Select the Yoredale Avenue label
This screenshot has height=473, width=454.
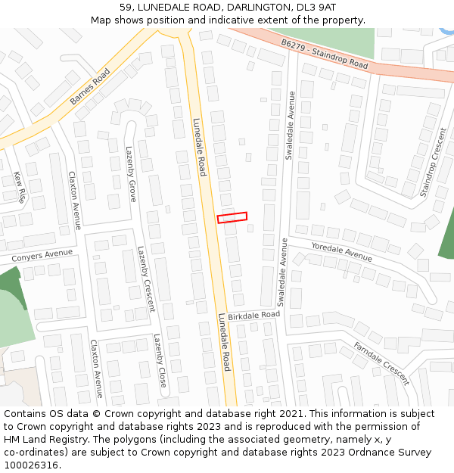coord(341,251)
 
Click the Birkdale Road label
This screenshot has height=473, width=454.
coord(253,315)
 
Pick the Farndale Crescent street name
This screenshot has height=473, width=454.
coord(381,363)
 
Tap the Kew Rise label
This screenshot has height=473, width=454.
coord(20,187)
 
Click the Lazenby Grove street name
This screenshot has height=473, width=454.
coord(132,174)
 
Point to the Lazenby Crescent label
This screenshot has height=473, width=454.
coord(145,279)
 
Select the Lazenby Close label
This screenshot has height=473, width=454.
coord(160,361)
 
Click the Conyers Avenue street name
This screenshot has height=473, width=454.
coord(42,256)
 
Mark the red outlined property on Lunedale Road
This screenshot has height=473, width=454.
coord(232,217)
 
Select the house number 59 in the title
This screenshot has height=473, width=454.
coord(126,7)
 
